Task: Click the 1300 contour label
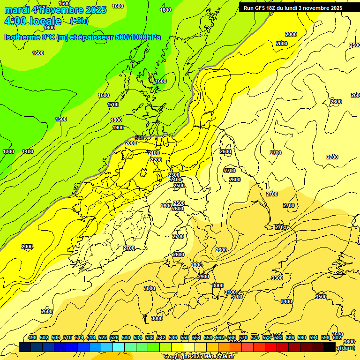point(8,151)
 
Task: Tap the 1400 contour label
point(28,151)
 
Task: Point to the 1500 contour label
point(61,119)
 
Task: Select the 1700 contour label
point(113,105)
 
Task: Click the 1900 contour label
point(118,127)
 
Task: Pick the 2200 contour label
point(156,160)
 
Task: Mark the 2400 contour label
point(176,180)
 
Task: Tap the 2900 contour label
point(203,277)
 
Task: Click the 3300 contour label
point(277,278)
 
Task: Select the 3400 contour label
point(286,301)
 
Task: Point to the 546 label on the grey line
point(139,138)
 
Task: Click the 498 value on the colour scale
point(32,337)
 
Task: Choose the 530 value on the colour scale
point(126,337)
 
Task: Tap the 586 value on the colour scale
point(290,337)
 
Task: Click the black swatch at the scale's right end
point(330,347)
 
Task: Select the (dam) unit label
point(347,347)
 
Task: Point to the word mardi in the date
point(17,10)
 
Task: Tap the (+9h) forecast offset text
point(79,21)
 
